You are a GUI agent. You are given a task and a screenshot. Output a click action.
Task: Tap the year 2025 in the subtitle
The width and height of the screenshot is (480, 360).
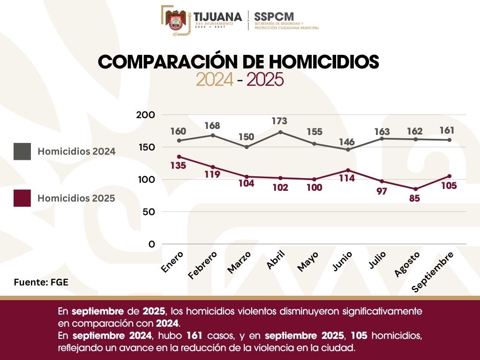(x=265, y=80)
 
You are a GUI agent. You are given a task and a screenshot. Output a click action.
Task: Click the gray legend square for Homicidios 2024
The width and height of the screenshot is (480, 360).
(x=22, y=151)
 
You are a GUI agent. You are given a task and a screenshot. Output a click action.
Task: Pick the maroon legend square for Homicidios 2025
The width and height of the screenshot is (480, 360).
(x=22, y=198)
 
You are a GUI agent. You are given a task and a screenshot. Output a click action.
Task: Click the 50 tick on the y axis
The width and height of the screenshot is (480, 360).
(x=148, y=212)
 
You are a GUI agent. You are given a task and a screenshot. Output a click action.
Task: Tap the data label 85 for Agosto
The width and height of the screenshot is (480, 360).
(x=414, y=198)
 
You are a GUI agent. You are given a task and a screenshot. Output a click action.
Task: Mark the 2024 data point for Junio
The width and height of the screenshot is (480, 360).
(x=347, y=150)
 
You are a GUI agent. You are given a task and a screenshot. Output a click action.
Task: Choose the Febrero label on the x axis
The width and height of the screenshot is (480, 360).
(x=202, y=265)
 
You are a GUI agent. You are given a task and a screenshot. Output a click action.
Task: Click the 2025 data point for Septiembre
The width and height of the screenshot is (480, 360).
(x=449, y=176)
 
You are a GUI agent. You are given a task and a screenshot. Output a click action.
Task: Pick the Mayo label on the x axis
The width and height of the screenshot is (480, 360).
(x=308, y=261)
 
